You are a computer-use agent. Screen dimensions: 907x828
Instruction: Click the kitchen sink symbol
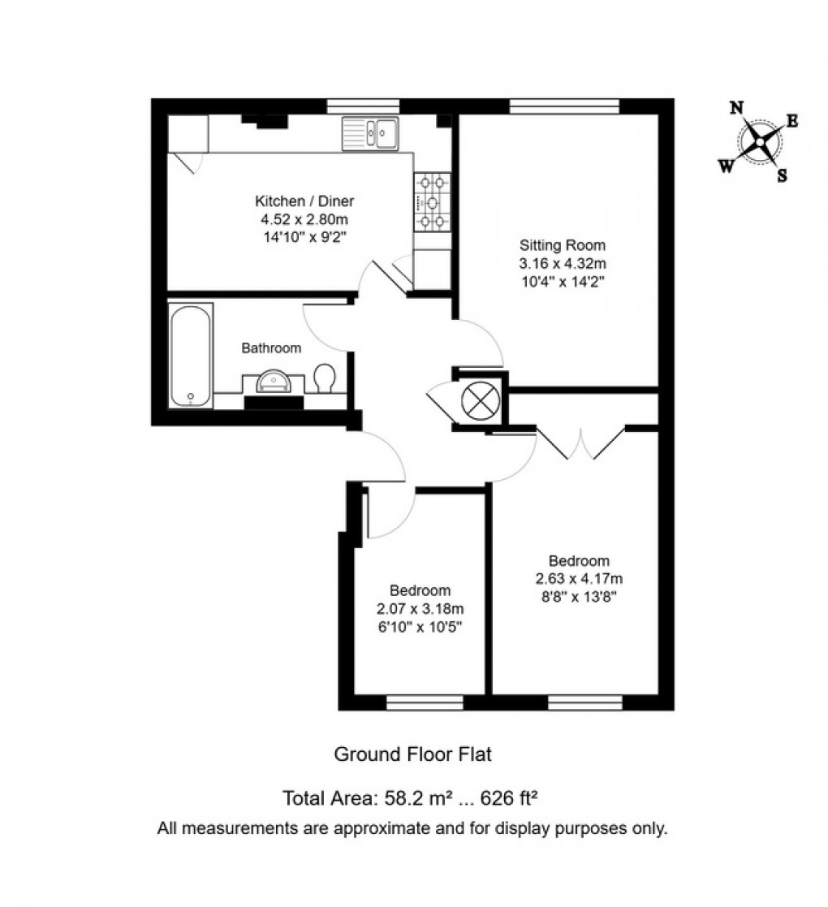point(371,132)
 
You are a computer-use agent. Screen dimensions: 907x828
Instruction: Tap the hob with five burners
point(432,203)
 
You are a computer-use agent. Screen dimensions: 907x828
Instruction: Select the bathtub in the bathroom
point(191,355)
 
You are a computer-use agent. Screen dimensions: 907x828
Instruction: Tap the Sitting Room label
point(563,245)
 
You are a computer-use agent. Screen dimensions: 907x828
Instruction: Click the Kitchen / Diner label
point(304,201)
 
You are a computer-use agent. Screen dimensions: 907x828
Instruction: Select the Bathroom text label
point(271,348)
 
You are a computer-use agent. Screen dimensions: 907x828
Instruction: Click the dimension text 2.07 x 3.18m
point(420,608)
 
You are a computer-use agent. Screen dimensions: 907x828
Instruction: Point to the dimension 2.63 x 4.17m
point(579,579)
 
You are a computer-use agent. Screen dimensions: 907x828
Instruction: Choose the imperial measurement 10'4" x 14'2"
point(563,281)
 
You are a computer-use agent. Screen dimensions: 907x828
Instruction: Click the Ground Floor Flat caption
point(413,754)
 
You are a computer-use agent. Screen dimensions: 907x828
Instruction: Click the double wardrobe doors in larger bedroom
point(581,443)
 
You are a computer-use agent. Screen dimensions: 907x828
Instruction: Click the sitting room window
point(564,106)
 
